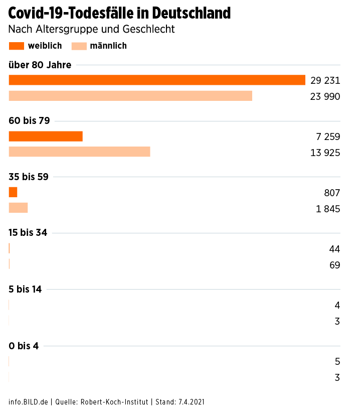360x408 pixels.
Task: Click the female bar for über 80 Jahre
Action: click(x=157, y=80)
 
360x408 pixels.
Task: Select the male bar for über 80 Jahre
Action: click(x=130, y=96)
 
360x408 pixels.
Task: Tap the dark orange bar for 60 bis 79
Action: click(x=46, y=137)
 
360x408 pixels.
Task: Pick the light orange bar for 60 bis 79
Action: click(x=79, y=152)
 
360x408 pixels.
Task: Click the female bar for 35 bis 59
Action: click(x=13, y=192)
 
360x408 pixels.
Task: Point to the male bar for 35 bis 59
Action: click(x=18, y=208)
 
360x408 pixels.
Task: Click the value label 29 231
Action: click(x=325, y=80)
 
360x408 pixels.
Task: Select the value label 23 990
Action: click(x=325, y=96)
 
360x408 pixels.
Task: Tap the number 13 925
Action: click(x=325, y=153)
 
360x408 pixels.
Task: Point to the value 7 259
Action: click(x=328, y=137)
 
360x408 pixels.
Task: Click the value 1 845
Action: click(x=328, y=209)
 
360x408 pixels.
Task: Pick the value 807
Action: click(x=332, y=193)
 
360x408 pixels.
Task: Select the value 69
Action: click(x=335, y=265)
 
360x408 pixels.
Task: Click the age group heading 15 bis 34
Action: click(x=28, y=233)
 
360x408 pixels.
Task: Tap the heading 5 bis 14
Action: click(x=25, y=289)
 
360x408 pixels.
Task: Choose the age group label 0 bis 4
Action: click(x=24, y=345)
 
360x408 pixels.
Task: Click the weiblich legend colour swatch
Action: click(x=17, y=46)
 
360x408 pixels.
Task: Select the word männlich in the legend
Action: click(x=108, y=46)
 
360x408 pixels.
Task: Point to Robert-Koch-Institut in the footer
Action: click(x=114, y=402)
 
